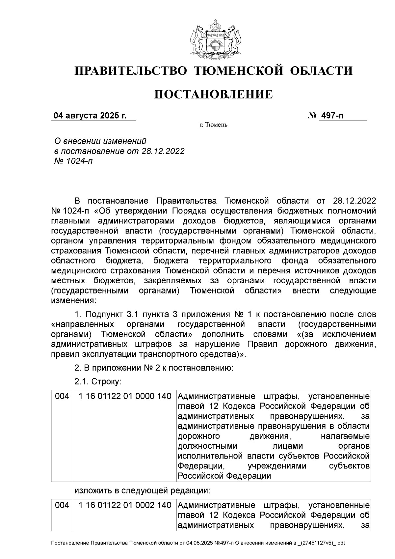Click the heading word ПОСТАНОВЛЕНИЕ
214,95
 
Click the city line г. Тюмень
214,125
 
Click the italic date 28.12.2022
163,151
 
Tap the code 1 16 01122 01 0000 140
125,396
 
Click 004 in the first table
62,396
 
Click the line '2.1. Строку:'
98,382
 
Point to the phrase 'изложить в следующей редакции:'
142,491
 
